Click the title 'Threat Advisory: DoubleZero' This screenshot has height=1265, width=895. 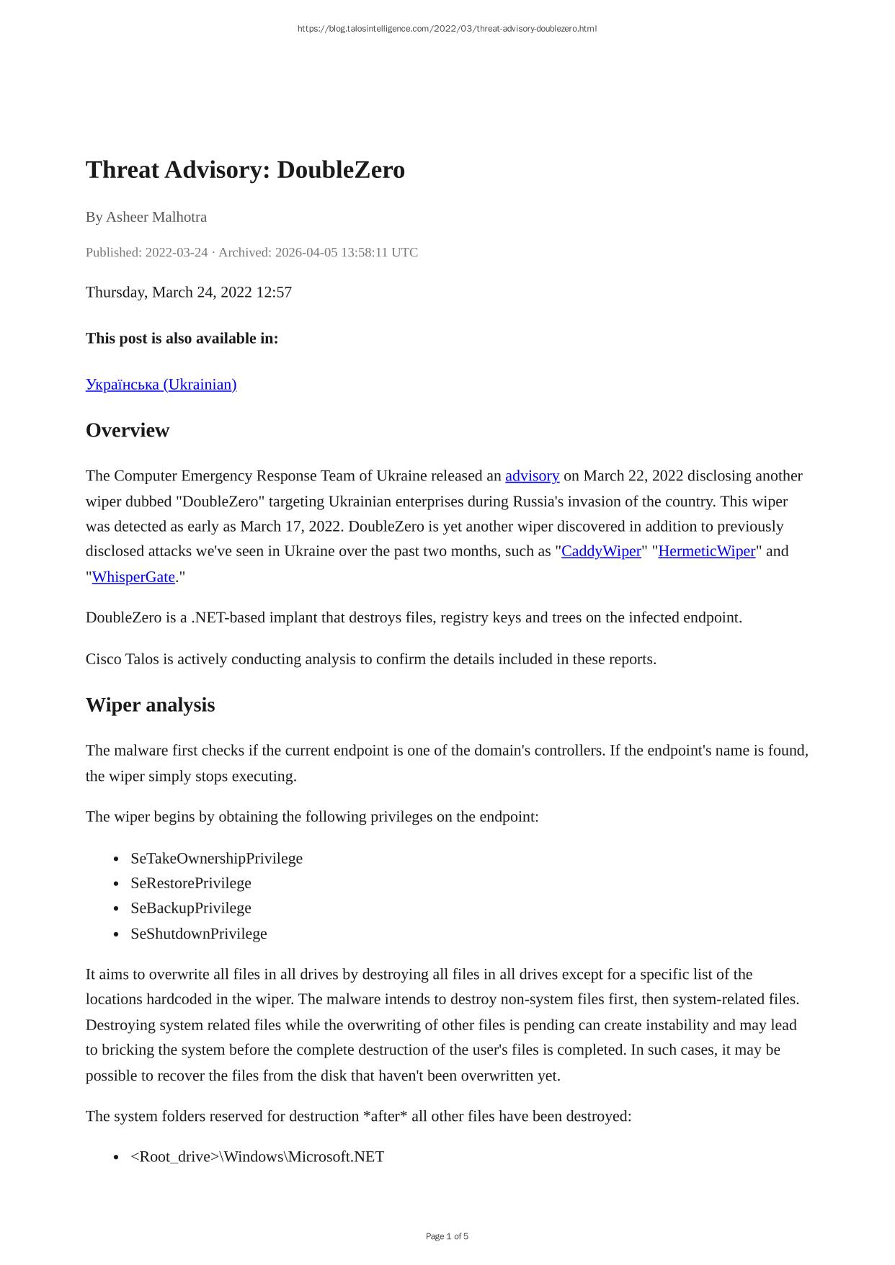point(245,170)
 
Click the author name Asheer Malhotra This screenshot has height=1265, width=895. point(156,217)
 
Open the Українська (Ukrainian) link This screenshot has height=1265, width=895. point(161,384)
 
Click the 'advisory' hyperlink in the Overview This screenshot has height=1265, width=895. point(532,475)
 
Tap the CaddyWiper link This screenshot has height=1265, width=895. point(601,551)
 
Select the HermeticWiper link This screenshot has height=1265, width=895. point(706,551)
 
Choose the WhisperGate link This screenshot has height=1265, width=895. point(133,577)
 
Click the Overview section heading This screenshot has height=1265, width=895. point(128,430)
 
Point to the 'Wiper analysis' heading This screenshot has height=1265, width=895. point(150,705)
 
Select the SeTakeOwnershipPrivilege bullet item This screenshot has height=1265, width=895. point(216,858)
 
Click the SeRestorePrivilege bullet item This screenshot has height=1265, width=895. point(190,883)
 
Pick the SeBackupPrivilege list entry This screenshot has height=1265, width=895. point(190,908)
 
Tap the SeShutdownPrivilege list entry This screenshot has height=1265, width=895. point(198,934)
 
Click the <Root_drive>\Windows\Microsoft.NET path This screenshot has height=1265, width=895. point(257,1156)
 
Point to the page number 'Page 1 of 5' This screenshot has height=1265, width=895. point(447,1236)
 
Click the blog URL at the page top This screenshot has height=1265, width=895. point(447,29)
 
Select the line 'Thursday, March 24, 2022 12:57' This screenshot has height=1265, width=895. point(189,292)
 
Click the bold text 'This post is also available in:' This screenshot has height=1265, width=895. point(182,338)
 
